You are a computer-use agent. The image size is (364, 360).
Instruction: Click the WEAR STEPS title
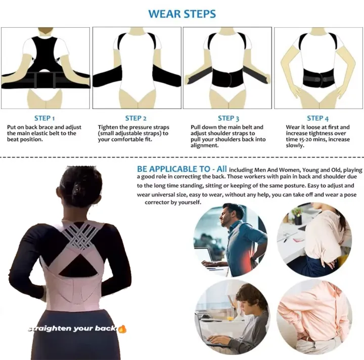point(181,14)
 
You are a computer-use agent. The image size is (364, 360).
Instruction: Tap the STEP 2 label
point(136,118)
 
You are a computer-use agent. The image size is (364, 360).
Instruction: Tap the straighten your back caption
point(72,329)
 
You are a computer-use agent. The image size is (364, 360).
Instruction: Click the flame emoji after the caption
point(122,329)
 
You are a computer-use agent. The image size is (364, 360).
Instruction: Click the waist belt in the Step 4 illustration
point(315,78)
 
